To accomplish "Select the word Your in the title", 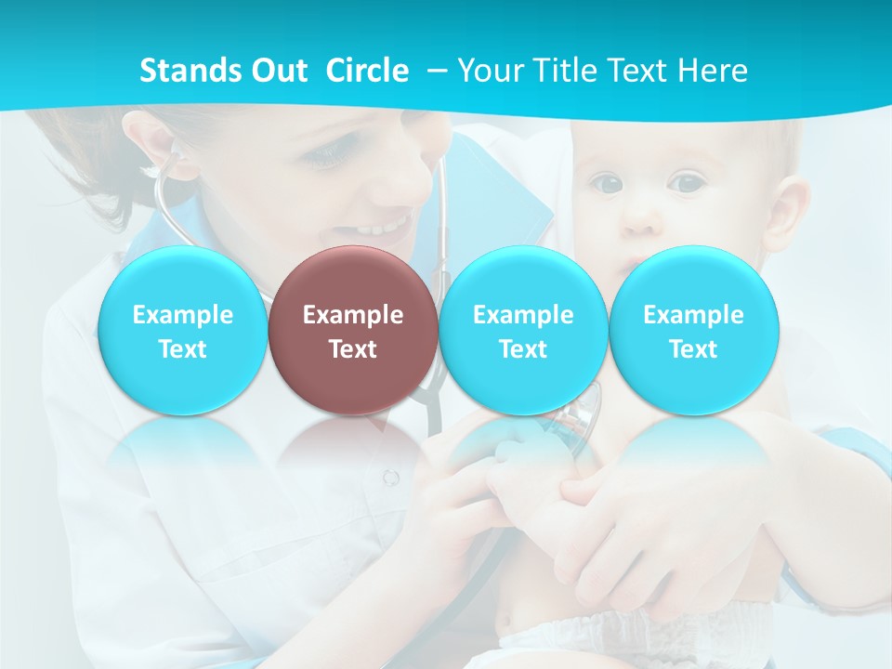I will coord(488,71).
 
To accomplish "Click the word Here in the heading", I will coord(712,71).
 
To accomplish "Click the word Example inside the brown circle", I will coord(353,315).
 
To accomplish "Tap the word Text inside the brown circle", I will coord(353,349).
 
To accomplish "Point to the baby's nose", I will coord(641,219).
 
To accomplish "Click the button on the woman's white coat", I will coord(391,478).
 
